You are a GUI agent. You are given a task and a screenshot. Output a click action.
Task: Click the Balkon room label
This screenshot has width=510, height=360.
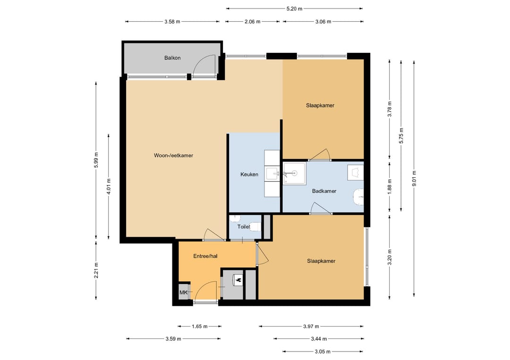[172, 58]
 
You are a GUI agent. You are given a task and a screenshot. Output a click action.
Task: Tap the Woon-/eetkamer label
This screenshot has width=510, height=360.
[173, 156]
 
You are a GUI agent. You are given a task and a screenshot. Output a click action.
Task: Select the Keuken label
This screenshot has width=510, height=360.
[249, 175]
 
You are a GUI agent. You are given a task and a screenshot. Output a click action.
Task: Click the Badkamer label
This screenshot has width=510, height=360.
[324, 191]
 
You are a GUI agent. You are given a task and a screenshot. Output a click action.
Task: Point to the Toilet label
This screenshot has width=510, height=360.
[244, 226]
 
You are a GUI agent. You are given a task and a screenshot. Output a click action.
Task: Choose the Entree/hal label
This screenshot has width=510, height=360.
[205, 256]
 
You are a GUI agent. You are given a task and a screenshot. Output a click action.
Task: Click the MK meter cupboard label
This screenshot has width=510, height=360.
[183, 293]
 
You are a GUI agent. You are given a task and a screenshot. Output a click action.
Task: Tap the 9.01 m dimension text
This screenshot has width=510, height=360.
[414, 179]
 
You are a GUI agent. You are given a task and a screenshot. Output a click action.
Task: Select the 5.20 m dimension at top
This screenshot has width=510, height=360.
[294, 9]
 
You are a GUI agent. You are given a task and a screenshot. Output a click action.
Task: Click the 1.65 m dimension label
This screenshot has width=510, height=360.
[199, 326]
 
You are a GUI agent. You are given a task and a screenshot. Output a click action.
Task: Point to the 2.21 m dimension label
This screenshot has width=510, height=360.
[96, 270]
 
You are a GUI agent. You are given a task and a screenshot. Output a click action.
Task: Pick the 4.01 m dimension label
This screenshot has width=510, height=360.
[109, 186]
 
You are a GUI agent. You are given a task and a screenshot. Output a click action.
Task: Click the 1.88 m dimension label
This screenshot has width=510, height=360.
[390, 187]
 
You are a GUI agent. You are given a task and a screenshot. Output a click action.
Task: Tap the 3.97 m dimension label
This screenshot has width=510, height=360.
[311, 326]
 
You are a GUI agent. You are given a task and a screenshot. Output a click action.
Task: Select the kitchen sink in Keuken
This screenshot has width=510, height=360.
[272, 174]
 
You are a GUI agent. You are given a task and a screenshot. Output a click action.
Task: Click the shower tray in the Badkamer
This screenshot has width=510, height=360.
[294, 174]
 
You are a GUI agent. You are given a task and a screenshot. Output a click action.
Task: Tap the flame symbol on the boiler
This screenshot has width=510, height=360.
[238, 279]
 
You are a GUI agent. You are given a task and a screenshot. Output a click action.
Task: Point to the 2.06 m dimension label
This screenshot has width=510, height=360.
[252, 22]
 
